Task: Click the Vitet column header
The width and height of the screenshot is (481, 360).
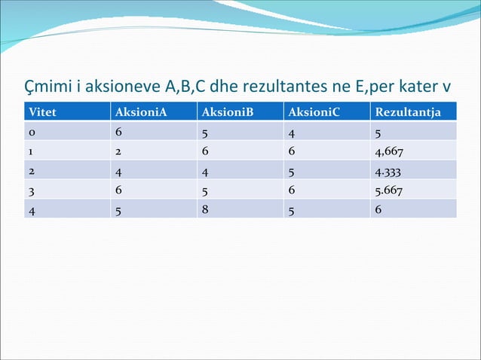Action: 42,113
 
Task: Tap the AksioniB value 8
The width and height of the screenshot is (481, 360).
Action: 204,209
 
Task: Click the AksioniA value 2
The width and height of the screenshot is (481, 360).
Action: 118,151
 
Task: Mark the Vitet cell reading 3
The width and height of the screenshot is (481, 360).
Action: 32,190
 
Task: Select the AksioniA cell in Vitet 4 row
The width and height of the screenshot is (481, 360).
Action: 118,209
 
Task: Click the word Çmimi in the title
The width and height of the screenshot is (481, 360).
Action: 47,83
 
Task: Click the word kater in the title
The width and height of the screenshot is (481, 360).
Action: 415,83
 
